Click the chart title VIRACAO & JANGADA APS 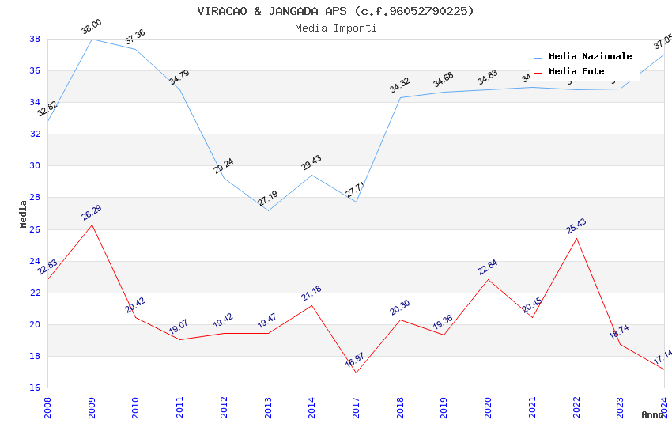tap(335, 11)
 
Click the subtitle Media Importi tap(335, 28)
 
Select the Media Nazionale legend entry tap(590, 57)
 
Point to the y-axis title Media tap(24, 214)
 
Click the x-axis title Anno tap(652, 414)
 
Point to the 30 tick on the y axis tap(35, 166)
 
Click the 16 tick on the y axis tap(35, 388)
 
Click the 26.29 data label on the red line tap(92, 214)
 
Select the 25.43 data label tap(576, 226)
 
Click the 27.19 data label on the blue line tap(268, 199)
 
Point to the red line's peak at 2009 tap(92, 225)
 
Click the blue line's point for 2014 tap(312, 175)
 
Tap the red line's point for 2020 tap(489, 279)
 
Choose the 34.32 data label tap(400, 85)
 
